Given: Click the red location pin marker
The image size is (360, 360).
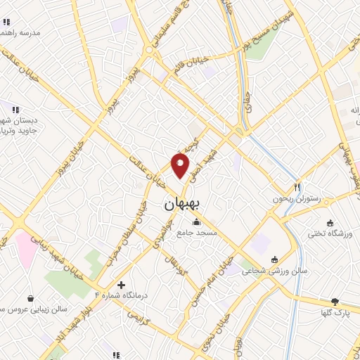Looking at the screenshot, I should [181, 166].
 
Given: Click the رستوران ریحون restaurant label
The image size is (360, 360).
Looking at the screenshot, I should [297, 200].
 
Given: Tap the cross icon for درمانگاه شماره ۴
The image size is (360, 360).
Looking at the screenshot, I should [122, 285].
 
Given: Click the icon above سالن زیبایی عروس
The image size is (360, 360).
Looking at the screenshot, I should [30, 297].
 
